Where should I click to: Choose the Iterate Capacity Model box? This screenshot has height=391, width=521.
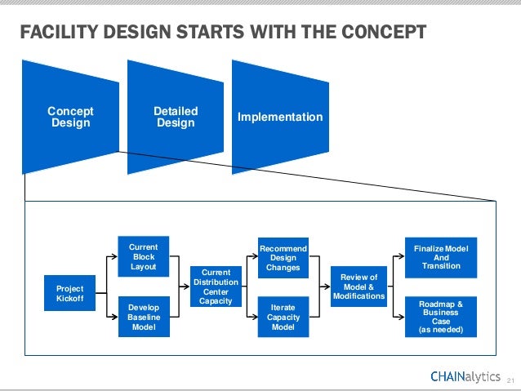pos(283,318)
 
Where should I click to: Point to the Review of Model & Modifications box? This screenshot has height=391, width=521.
pos(358,287)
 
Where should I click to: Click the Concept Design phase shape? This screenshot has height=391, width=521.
pos(70,117)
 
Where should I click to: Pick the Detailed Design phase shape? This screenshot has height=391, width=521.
pos(176,117)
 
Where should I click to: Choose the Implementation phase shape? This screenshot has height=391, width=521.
pos(279,117)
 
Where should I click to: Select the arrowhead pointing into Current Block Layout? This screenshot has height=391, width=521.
pos(116,256)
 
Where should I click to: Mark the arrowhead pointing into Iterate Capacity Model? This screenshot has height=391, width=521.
pos(255,318)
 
